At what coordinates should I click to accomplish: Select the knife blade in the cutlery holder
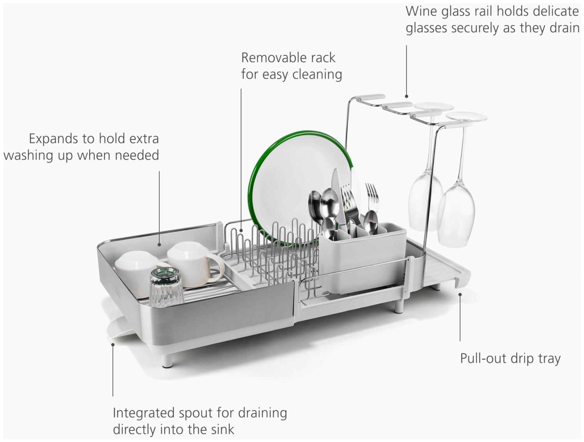[x=338, y=197]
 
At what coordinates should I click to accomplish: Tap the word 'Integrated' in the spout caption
[x=144, y=413]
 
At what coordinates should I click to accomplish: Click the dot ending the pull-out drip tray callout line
[x=460, y=294]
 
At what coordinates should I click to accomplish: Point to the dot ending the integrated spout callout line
[x=113, y=345]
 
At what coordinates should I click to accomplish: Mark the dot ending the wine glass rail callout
[x=406, y=96]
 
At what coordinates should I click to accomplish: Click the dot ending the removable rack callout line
[x=241, y=231]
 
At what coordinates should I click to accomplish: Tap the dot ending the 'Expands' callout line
[x=159, y=245]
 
